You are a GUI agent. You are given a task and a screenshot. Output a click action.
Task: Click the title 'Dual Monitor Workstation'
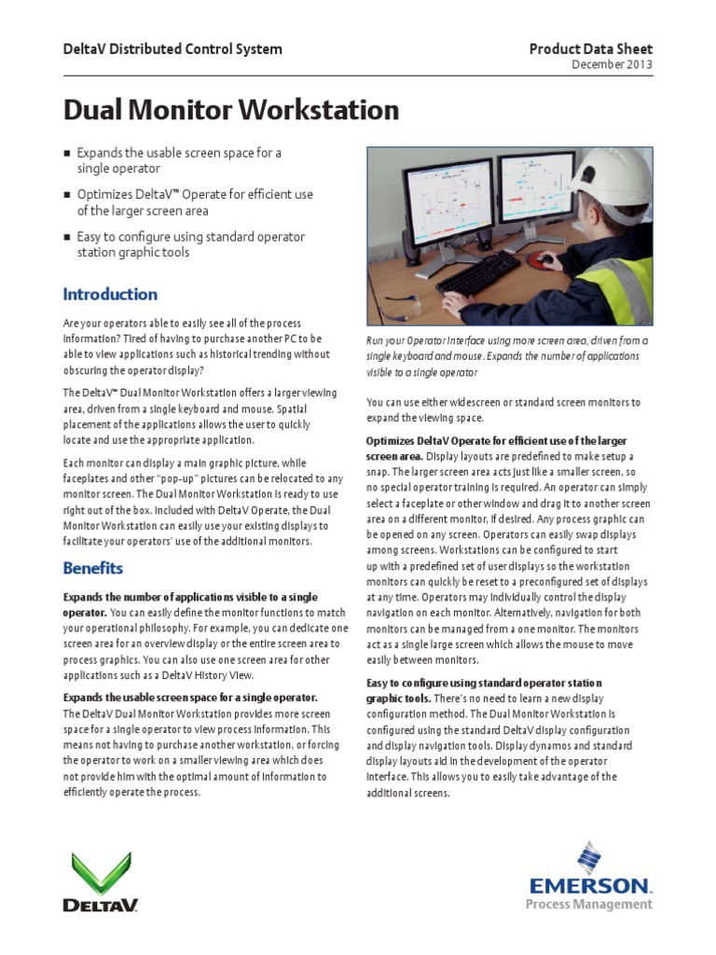(x=230, y=111)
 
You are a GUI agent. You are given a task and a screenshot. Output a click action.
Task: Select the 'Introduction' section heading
(x=110, y=295)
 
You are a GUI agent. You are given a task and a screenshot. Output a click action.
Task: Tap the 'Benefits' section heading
(x=92, y=568)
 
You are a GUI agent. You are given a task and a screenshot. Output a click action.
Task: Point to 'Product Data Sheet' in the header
(x=590, y=48)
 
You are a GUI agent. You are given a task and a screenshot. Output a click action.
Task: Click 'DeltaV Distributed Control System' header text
(x=172, y=48)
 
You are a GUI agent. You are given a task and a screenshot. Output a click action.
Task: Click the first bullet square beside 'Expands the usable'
(x=66, y=153)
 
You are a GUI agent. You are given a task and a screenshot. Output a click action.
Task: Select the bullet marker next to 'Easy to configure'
(x=66, y=238)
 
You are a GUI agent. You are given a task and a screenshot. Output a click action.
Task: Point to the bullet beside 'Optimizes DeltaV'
(x=66, y=195)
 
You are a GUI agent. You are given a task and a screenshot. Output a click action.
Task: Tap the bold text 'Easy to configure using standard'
(x=484, y=683)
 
